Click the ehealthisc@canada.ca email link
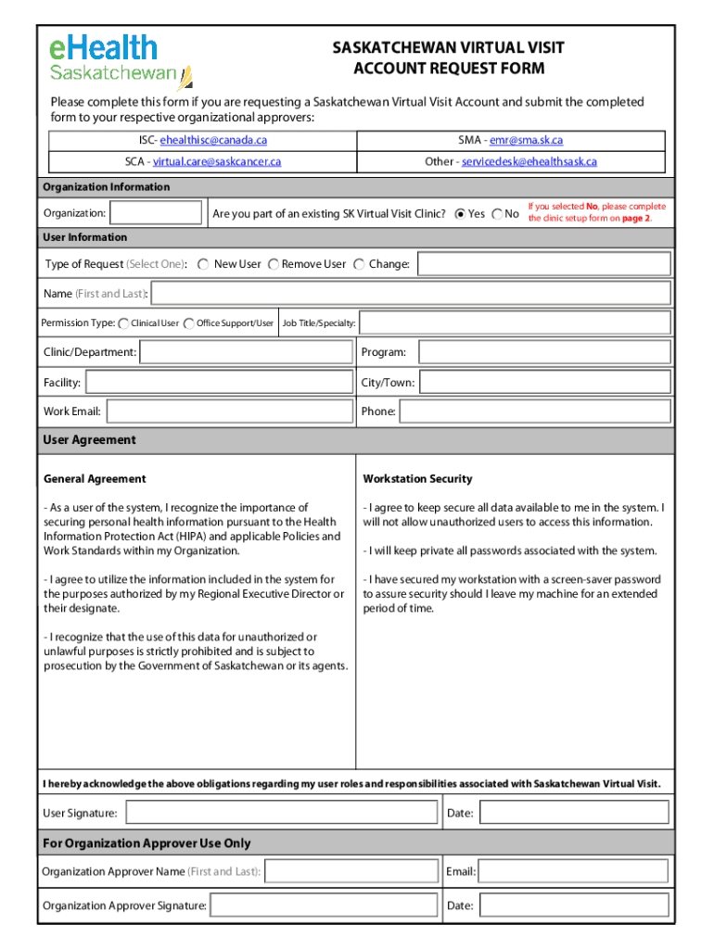pos(213,140)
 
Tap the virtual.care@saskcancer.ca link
pos(217,161)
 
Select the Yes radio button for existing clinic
pos(460,214)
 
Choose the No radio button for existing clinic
pos(497,214)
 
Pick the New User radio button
pos(203,264)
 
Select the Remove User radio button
pos(274,264)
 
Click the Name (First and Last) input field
pos(411,294)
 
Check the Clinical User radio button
pos(124,323)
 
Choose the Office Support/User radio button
pos(189,323)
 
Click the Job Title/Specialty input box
pos(515,323)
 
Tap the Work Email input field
pos(229,411)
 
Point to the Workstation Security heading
pos(417,479)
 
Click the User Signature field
pos(281,813)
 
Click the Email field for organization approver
pos(573,871)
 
